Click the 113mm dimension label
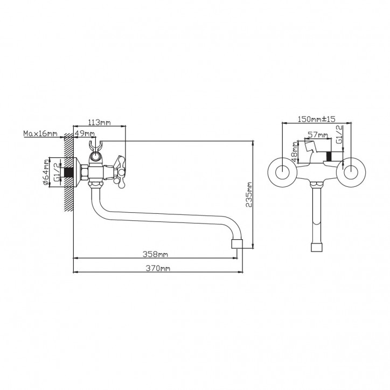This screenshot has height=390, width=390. pyautogui.click(x=99, y=122)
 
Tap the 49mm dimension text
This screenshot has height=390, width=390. pyautogui.click(x=85, y=134)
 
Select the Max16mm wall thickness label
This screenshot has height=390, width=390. pyautogui.click(x=40, y=134)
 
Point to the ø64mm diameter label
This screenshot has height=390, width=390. pyautogui.click(x=46, y=172)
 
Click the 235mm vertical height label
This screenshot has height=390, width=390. pyautogui.click(x=249, y=194)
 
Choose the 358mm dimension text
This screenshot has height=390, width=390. pyautogui.click(x=155, y=254)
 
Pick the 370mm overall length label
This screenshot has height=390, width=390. pyautogui.click(x=158, y=268)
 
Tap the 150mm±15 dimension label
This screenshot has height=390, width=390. pyautogui.click(x=316, y=119)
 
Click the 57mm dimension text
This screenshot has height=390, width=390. pyautogui.click(x=318, y=135)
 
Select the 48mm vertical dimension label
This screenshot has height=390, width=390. pyautogui.click(x=295, y=152)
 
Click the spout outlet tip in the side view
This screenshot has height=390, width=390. pyautogui.click(x=237, y=243)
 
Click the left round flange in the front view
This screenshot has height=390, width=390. pyautogui.click(x=282, y=172)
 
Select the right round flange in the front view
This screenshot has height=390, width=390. pyautogui.click(x=351, y=172)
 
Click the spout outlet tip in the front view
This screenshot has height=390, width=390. pyautogui.click(x=317, y=247)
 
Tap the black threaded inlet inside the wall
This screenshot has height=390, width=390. pyautogui.click(x=68, y=172)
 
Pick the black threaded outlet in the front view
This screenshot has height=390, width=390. pyautogui.click(x=329, y=156)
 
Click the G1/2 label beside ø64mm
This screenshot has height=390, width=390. pyautogui.click(x=57, y=172)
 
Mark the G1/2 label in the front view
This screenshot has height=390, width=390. pyautogui.click(x=339, y=134)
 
